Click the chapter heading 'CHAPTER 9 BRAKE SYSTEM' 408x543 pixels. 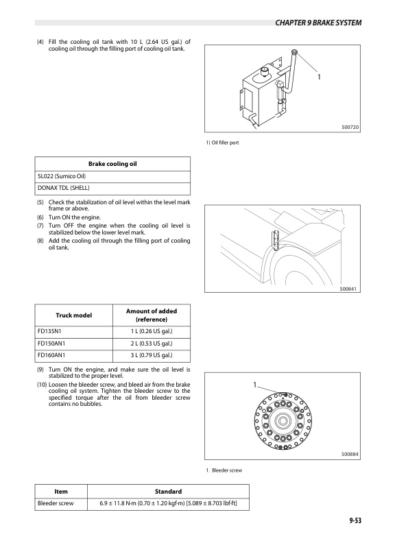[x=318, y=23]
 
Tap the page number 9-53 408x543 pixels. [x=355, y=520]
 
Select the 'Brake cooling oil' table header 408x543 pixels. [x=112, y=164]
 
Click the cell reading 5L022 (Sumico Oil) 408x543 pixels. [x=62, y=176]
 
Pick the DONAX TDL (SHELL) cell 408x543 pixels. [x=63, y=188]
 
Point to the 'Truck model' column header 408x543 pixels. [x=74, y=315]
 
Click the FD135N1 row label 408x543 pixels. [x=49, y=331]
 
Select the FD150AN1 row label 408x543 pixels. [x=51, y=343]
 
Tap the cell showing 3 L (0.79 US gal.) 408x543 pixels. [x=152, y=355]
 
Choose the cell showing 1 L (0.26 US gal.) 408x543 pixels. [x=152, y=331]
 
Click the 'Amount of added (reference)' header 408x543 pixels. [x=152, y=315]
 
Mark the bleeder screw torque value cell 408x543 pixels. [x=168, y=503]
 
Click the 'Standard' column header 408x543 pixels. [x=168, y=492]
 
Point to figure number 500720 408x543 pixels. [x=350, y=127]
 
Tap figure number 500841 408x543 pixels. [x=348, y=289]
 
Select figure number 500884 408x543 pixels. [x=350, y=454]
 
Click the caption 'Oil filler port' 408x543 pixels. [x=225, y=143]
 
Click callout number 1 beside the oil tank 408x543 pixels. [x=319, y=77]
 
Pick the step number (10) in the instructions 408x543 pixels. [x=42, y=385]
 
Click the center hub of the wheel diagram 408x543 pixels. [x=283, y=421]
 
